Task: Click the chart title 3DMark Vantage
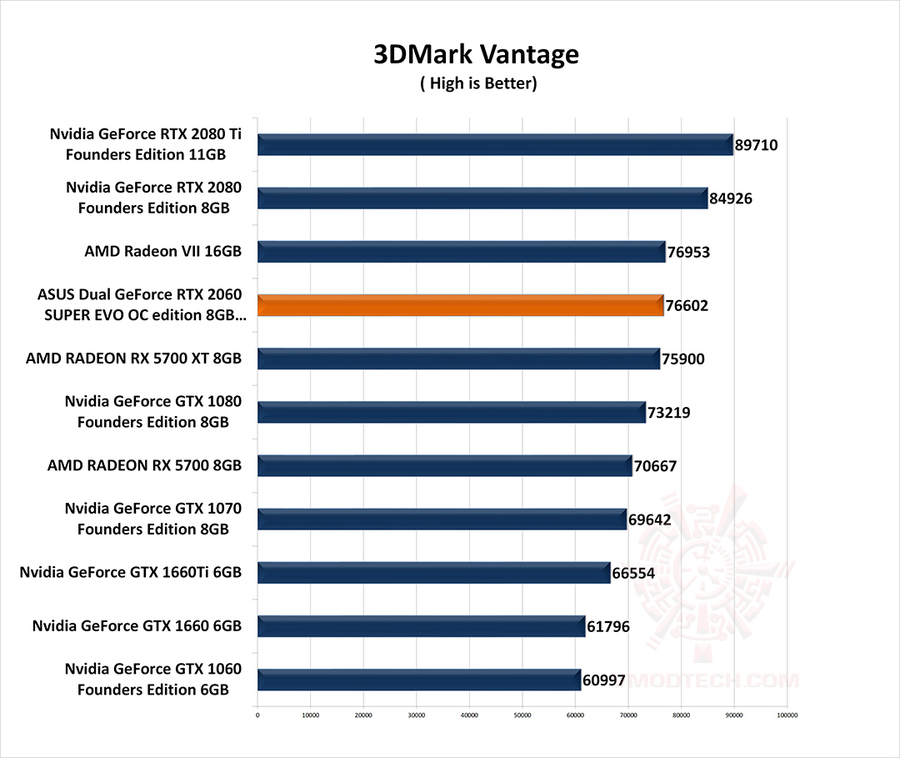coord(476,54)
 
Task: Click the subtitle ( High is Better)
coord(477,83)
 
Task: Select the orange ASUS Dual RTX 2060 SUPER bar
coord(460,305)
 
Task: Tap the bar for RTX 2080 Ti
coord(495,144)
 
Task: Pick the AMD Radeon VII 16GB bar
coord(461,251)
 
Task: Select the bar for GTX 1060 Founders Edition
coord(418,680)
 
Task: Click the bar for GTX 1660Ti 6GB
coord(433,573)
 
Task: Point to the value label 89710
coord(756,145)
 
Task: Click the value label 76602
coord(686,306)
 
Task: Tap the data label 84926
coord(731,198)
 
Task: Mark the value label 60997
coord(603,680)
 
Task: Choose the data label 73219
coord(668,413)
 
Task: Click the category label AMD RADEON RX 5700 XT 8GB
coord(134,358)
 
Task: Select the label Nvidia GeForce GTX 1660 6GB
coord(137,625)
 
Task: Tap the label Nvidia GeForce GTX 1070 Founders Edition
coord(153,518)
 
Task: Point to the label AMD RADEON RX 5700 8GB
coord(145,465)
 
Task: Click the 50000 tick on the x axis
coord(522,715)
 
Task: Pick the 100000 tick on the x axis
coord(787,715)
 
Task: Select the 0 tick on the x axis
coord(257,715)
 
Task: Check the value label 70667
coord(655,466)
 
